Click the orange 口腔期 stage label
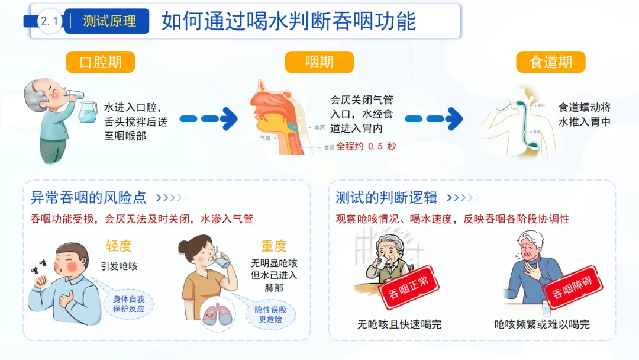tap(100, 62)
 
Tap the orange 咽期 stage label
tap(319, 62)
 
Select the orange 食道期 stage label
tap(550, 62)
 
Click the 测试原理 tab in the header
tap(109, 21)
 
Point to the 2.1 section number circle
tap(50, 21)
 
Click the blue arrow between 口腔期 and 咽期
tap(208, 118)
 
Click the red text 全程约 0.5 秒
tap(366, 146)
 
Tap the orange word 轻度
tap(118, 246)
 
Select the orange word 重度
tap(273, 246)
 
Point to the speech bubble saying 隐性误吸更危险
tap(270, 314)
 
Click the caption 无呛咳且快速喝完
tap(399, 324)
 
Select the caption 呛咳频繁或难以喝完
tap(542, 324)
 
